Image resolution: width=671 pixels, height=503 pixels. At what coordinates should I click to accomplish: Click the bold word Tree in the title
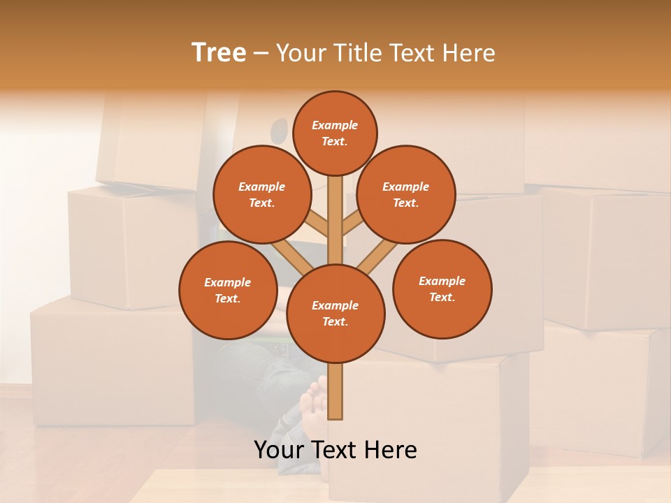pos(219,53)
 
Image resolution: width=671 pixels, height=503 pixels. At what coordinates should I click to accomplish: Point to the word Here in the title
pos(470,53)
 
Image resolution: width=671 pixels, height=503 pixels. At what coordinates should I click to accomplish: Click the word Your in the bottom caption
pos(280,450)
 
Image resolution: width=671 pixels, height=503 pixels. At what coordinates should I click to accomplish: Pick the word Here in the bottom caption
pos(390,450)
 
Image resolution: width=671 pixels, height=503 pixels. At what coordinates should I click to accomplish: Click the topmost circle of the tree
pos(335,133)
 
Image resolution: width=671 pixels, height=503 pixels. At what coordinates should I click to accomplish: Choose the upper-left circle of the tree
pos(261,195)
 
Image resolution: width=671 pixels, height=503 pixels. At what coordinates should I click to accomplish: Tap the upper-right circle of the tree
pos(406,195)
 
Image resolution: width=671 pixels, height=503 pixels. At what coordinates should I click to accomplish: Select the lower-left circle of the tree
pos(228,290)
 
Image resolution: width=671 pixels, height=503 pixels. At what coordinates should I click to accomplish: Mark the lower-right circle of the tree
pos(442,289)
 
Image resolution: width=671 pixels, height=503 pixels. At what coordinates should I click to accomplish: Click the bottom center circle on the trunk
pos(335,314)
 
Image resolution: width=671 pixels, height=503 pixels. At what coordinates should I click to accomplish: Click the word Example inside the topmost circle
pos(335,126)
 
